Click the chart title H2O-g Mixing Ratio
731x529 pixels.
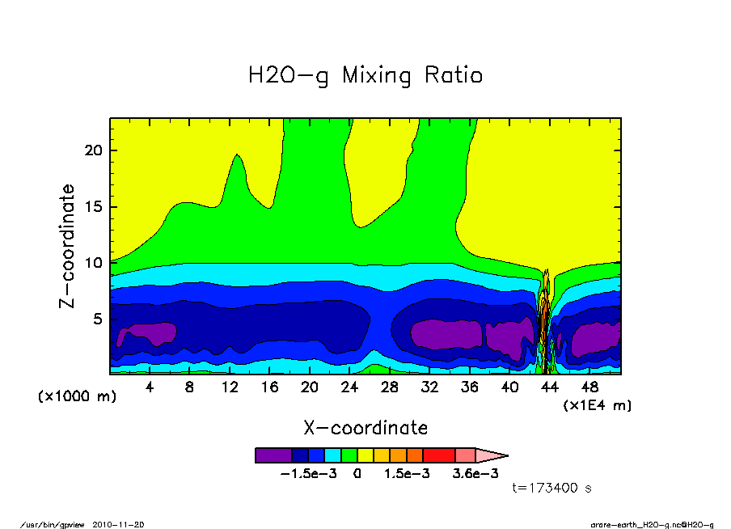[x=365, y=76]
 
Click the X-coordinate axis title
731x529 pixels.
[x=365, y=428]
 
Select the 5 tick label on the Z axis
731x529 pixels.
[x=99, y=320]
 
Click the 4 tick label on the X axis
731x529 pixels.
[x=150, y=387]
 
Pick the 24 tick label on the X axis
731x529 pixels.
[x=349, y=387]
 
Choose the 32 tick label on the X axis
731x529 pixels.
[x=429, y=387]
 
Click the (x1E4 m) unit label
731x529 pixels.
[x=598, y=404]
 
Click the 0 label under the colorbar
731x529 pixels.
[x=357, y=474]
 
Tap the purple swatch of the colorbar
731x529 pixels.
[x=273, y=455]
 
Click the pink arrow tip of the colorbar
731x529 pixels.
[x=492, y=455]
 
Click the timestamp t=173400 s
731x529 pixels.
[x=553, y=489]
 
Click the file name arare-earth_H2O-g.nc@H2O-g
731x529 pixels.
[x=652, y=524]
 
